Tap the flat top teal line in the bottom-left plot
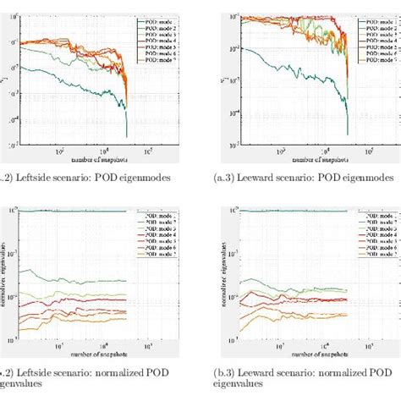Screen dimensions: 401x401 click(x=76, y=211)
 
